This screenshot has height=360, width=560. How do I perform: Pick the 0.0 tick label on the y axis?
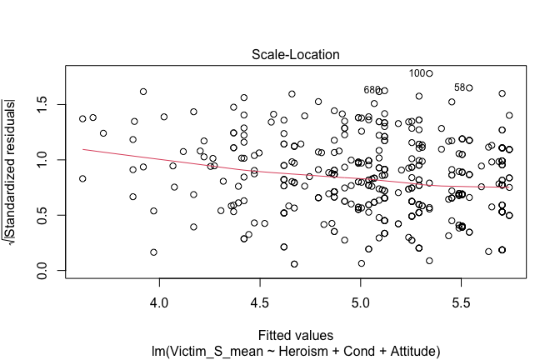42,271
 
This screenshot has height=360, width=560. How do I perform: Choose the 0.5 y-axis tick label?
42,215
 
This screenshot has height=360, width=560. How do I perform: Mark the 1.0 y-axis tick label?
42,159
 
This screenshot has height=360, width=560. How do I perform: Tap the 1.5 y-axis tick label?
42,103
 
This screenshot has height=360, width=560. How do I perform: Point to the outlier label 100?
417,73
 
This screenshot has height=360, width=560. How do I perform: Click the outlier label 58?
459,87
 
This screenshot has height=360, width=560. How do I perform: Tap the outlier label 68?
369,90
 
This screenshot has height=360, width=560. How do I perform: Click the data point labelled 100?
430,73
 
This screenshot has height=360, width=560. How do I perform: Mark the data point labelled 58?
469,87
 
